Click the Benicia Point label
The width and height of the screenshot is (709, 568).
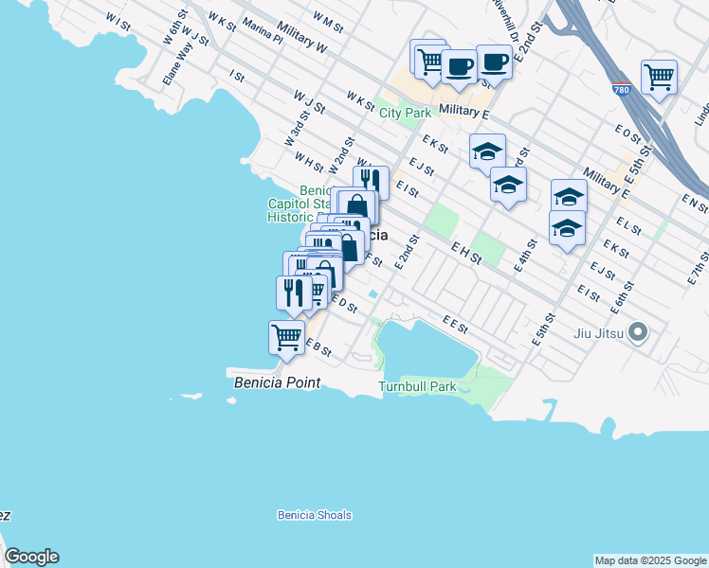click(x=277, y=382)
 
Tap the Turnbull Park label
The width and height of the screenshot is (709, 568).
click(x=417, y=386)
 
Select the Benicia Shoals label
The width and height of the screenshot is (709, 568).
click(x=315, y=515)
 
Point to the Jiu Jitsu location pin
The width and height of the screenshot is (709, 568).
click(x=638, y=331)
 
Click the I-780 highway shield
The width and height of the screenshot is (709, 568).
click(x=622, y=90)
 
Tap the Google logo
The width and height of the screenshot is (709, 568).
click(x=31, y=557)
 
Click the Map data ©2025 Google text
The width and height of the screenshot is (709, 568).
click(x=650, y=560)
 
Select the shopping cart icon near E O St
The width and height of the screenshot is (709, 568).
click(x=659, y=76)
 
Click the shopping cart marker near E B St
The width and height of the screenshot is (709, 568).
click(x=286, y=336)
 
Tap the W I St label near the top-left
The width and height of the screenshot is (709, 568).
click(x=118, y=20)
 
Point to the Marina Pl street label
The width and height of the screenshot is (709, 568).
click(x=262, y=34)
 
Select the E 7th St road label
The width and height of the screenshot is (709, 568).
click(x=700, y=267)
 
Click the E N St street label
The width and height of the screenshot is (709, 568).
click(x=695, y=203)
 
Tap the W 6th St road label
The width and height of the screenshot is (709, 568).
click(x=172, y=31)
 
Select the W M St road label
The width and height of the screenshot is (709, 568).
click(x=327, y=21)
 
